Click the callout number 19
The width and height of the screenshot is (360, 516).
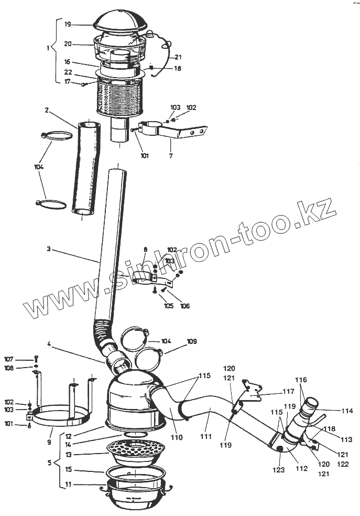click(x=68, y=24)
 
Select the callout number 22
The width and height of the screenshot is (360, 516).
click(x=68, y=72)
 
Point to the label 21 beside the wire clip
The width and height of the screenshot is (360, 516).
click(x=178, y=57)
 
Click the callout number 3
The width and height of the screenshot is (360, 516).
click(x=48, y=250)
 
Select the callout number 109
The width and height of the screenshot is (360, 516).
click(x=192, y=341)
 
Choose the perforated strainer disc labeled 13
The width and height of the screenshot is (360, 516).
click(x=136, y=450)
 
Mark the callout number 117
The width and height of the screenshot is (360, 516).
click(x=288, y=391)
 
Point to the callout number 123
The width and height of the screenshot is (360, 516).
click(x=279, y=470)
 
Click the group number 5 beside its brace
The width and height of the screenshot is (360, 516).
click(x=49, y=463)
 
